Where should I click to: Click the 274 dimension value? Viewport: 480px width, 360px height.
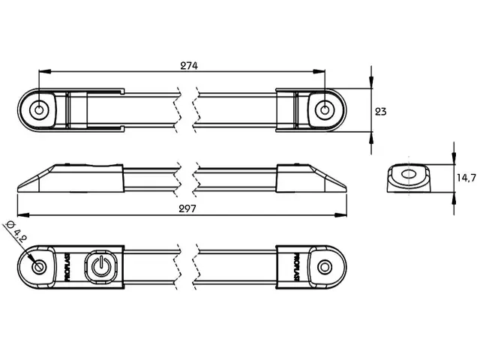[x=189, y=65]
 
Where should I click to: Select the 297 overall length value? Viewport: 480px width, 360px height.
[x=187, y=208]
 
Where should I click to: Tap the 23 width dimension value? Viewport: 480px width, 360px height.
[x=380, y=112]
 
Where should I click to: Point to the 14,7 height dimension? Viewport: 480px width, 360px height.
[x=466, y=178]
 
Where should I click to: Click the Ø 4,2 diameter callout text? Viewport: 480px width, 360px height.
[x=16, y=232]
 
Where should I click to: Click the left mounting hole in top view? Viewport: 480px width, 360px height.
[x=39, y=109]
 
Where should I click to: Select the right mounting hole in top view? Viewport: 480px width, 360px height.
[x=325, y=109]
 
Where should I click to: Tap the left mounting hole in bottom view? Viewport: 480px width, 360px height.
[x=39, y=267]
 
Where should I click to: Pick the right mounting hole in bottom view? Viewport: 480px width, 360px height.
[x=325, y=267]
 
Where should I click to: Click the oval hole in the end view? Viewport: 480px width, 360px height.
[x=408, y=175]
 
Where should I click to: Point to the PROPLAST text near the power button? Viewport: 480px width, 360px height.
[x=67, y=267]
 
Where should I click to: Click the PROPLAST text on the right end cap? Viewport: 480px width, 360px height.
[x=296, y=267]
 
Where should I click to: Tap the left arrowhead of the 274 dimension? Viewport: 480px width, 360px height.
[x=45, y=71]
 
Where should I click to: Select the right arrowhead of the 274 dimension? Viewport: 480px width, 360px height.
[x=319, y=71]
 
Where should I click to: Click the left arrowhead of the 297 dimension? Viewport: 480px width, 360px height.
[x=23, y=215]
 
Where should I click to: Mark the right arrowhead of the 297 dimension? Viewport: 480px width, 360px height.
[x=340, y=215]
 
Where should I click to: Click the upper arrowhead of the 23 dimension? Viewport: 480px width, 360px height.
[x=371, y=82]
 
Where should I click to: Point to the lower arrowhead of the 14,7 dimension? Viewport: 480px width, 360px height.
[x=454, y=198]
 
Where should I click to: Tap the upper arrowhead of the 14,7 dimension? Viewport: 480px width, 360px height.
[x=454, y=158]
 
